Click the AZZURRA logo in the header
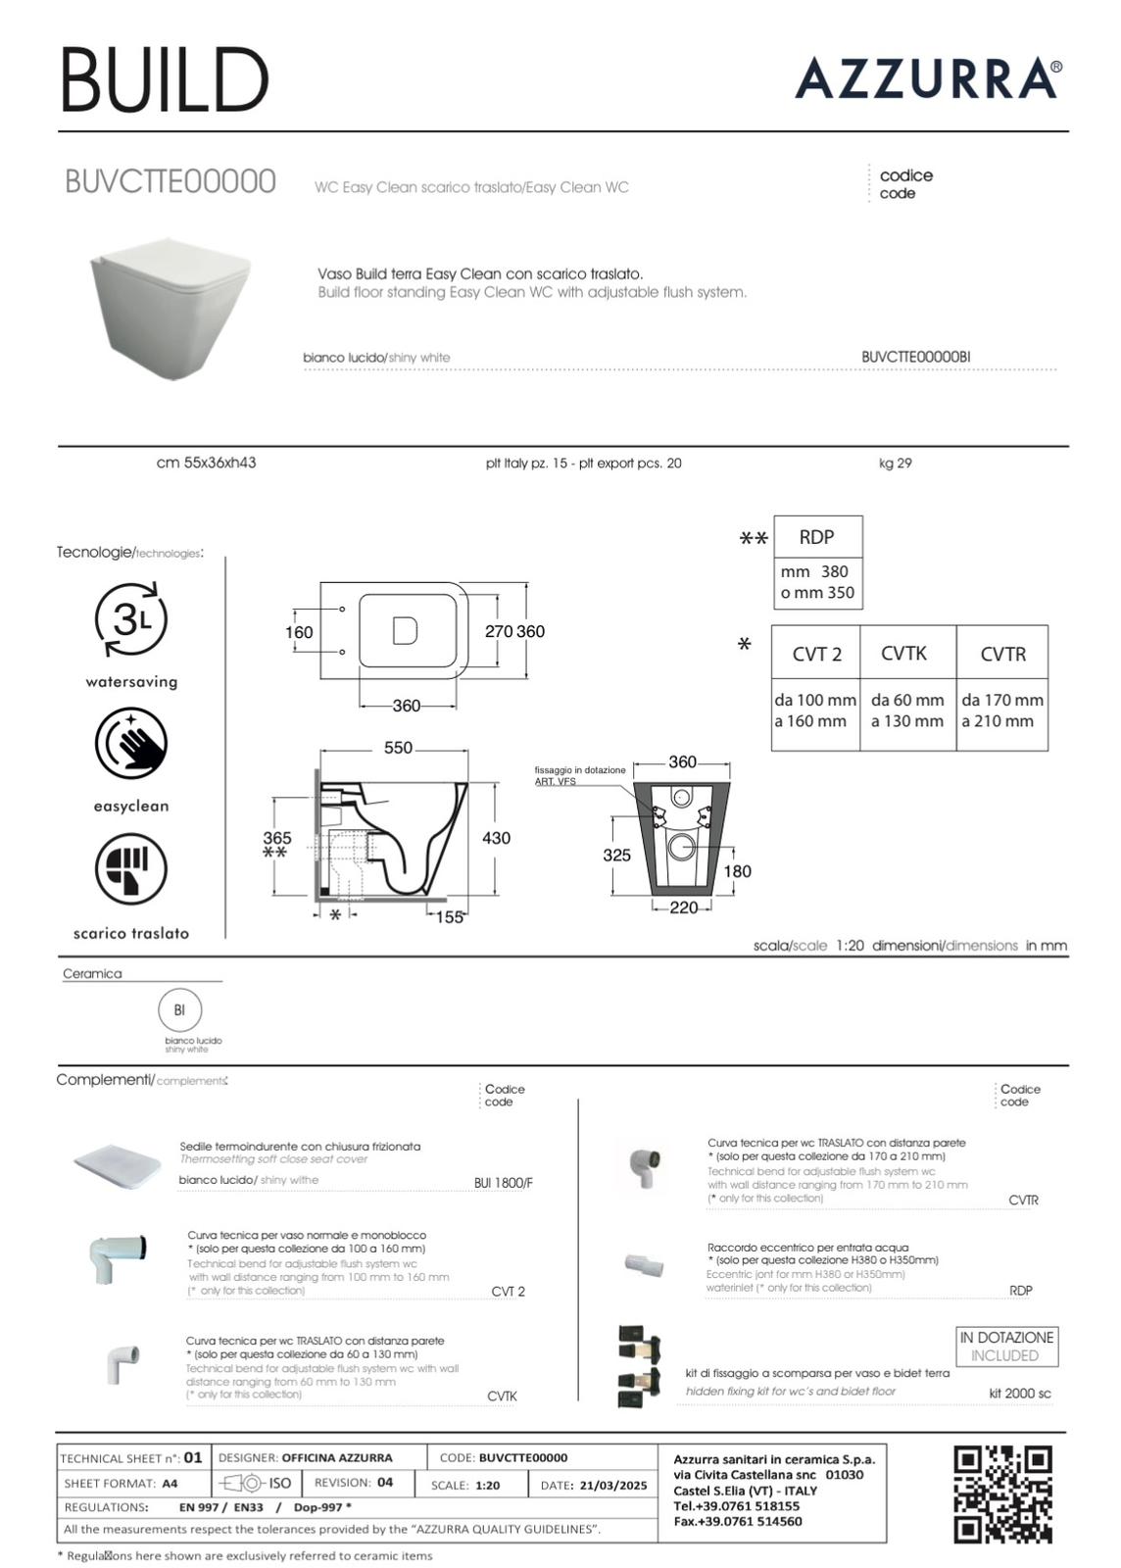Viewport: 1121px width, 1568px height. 927,78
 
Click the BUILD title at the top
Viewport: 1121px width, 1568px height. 165,79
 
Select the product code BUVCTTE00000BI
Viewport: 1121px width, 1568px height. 915,358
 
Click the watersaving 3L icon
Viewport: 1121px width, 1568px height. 131,619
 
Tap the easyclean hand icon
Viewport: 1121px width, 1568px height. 131,743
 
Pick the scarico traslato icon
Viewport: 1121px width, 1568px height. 131,869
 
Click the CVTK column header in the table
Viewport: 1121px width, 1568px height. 903,654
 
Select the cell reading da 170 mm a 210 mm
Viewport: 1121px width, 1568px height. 1002,710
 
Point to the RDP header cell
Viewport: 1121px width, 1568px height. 817,537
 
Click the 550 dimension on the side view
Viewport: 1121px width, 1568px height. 398,748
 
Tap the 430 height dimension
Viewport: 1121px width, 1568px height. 496,838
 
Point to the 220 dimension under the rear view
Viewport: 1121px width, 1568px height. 684,907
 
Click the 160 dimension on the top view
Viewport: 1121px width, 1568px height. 299,632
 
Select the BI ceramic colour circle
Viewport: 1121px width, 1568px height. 179,1010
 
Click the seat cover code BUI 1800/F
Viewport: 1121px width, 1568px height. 503,1183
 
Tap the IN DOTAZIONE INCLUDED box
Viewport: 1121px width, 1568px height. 1006,1347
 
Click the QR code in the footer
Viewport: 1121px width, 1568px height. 1002,1494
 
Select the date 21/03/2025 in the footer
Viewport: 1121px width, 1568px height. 612,1486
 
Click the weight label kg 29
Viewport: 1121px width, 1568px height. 895,464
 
